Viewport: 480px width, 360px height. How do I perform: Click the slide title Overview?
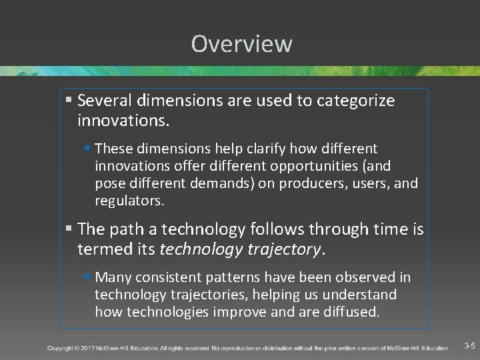pyautogui.click(x=241, y=44)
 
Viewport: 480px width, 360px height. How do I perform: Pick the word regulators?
pyautogui.click(x=129, y=201)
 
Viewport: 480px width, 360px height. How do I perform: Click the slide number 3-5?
pyautogui.click(x=469, y=346)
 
